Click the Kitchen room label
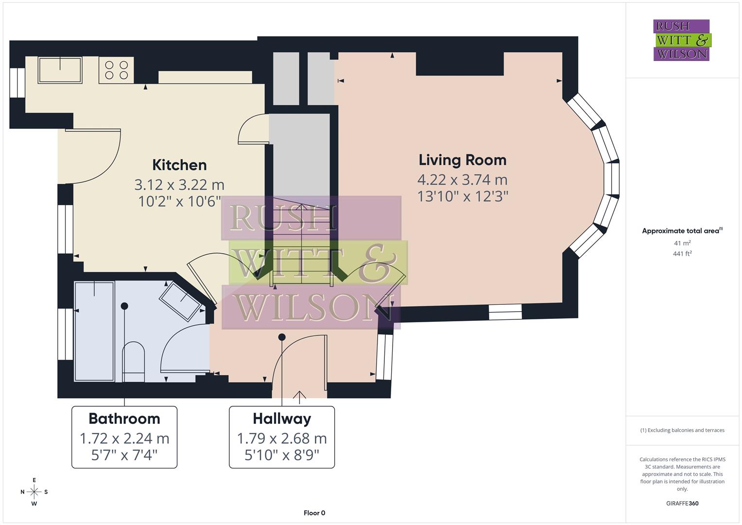(x=179, y=165)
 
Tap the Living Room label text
(x=462, y=160)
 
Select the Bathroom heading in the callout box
(x=124, y=419)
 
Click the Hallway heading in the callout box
(x=281, y=419)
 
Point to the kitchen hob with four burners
(x=117, y=70)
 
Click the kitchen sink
(x=60, y=70)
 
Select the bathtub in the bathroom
(x=94, y=331)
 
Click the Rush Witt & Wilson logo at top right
(x=681, y=40)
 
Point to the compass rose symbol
(x=34, y=492)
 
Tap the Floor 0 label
(x=314, y=513)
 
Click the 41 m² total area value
(x=682, y=243)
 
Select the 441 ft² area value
(x=682, y=253)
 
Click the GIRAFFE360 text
(x=682, y=503)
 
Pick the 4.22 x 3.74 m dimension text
(x=462, y=180)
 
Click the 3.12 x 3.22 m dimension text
(x=179, y=185)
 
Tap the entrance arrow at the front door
(x=299, y=397)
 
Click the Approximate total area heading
(x=681, y=231)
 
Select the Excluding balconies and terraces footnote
(x=682, y=430)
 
